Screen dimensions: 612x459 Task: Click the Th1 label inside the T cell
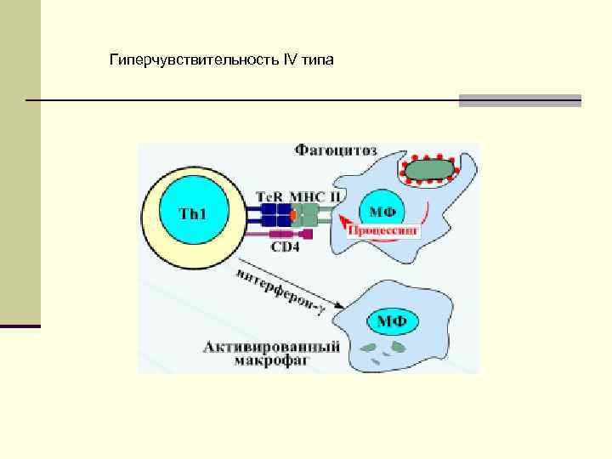click(193, 212)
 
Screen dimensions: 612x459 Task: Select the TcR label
click(271, 195)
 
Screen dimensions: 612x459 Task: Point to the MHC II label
click(317, 195)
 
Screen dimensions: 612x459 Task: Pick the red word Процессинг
click(388, 229)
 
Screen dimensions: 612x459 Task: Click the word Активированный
click(272, 347)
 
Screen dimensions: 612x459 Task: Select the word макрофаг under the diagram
click(273, 360)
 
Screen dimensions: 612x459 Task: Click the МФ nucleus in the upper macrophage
click(382, 211)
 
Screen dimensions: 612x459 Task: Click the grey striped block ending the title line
click(519, 100)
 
